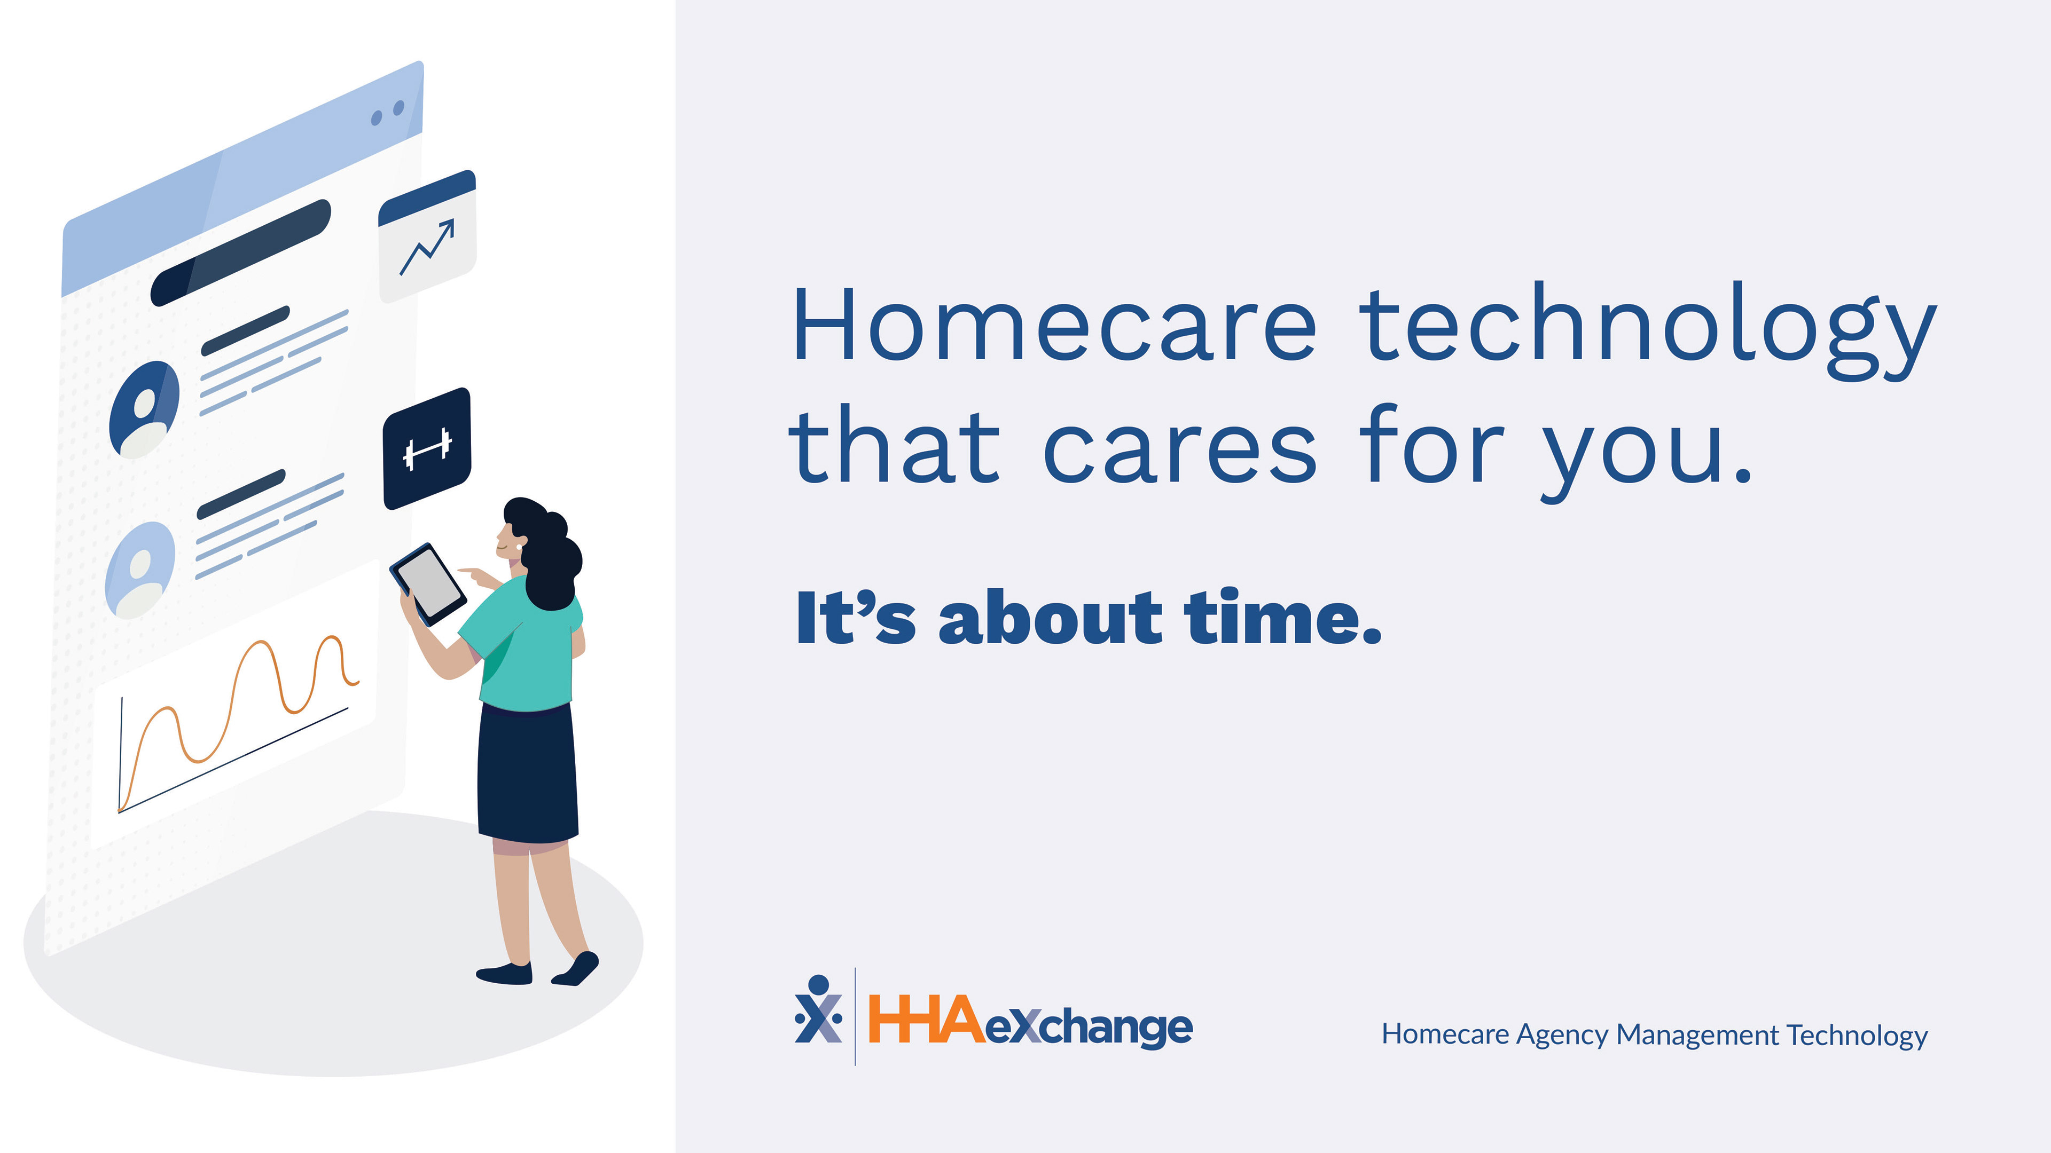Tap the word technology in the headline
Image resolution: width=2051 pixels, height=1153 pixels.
pos(1648,331)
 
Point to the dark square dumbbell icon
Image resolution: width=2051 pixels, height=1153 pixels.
pos(427,449)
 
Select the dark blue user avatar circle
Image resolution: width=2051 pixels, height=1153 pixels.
pos(144,410)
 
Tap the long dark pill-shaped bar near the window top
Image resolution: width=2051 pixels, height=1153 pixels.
pos(240,253)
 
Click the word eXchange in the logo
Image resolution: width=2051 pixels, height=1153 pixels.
pos(1089,1026)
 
